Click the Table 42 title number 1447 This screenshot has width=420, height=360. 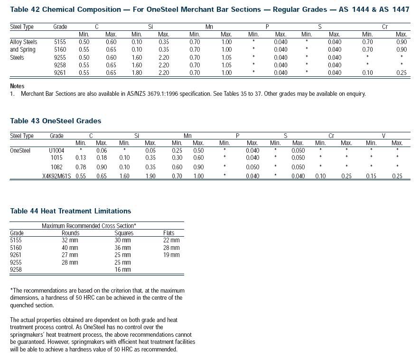coord(401,9)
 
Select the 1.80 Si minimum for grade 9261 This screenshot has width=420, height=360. coord(137,73)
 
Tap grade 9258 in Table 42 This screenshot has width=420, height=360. coord(60,65)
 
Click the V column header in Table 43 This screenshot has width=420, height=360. coord(383,136)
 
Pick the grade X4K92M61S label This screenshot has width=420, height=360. coord(56,176)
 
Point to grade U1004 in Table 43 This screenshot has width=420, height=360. coord(56,150)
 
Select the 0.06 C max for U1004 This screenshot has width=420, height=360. coord(102,150)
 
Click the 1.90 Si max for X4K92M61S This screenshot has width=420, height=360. coord(150,176)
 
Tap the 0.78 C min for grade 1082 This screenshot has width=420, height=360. coord(81,167)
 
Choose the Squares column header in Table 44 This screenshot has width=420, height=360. coord(124,233)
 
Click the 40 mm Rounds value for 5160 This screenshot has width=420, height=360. coord(70,248)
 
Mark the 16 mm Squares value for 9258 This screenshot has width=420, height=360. coord(123,269)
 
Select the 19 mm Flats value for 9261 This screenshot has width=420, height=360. coord(171,255)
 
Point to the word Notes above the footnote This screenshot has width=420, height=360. coord(17,86)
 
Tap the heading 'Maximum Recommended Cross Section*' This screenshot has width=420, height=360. coord(89,226)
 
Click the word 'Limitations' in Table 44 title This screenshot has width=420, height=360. coord(112,211)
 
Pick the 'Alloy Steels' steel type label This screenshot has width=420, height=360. coord(24,42)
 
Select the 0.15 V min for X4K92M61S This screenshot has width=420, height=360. coord(371,176)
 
